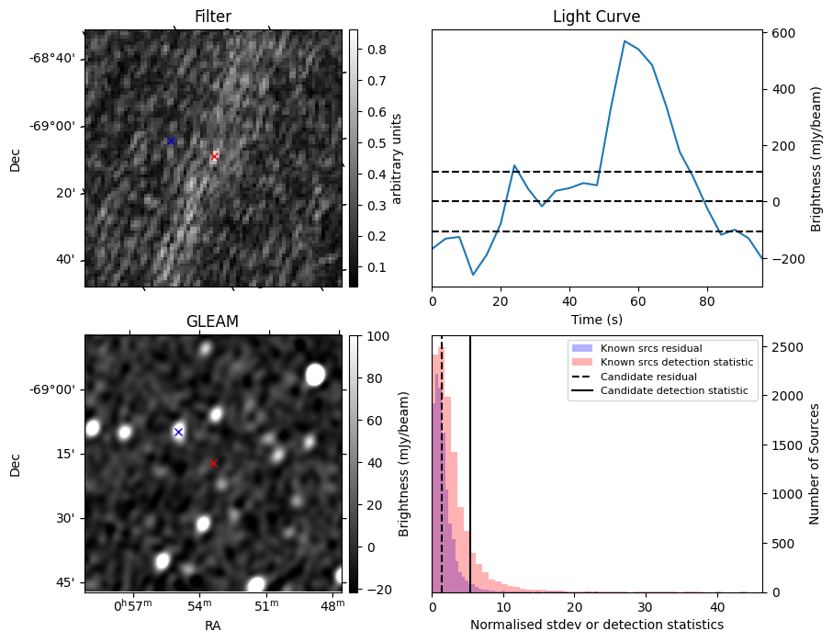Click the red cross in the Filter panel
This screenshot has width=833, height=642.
coord(214,157)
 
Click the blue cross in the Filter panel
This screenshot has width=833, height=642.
coord(171,141)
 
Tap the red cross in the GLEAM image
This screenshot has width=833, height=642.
coord(214,463)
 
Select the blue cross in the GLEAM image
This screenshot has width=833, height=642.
coord(178,432)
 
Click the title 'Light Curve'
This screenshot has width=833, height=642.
coord(596,17)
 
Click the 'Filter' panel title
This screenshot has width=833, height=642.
coord(213,17)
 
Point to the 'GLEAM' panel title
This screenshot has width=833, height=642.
coord(213,321)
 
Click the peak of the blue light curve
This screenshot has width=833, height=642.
coord(625,41)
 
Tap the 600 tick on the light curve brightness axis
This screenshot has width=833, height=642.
coord(783,33)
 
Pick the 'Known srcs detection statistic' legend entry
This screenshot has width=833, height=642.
coord(676,363)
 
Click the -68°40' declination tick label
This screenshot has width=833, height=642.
coord(52,59)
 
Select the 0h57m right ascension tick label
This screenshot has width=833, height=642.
coord(133,606)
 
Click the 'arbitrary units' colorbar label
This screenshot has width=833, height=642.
coord(397,159)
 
